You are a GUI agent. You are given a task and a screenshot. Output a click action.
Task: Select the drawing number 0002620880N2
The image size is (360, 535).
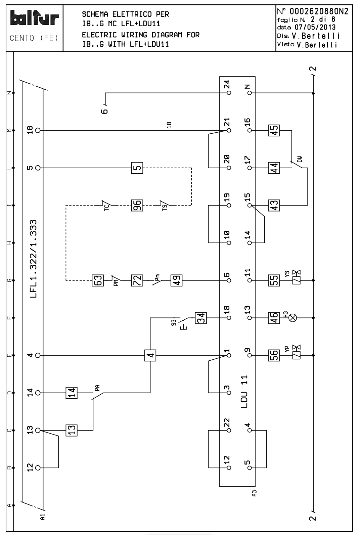coord(316,12)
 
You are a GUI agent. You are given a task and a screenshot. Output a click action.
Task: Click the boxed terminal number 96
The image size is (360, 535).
coord(137,205)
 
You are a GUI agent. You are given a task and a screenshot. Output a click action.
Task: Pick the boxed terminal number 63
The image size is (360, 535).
coord(97,280)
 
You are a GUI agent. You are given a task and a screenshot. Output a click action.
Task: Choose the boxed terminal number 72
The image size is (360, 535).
coord(137,280)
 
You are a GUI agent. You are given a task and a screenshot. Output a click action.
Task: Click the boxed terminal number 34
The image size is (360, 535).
coord(201,317)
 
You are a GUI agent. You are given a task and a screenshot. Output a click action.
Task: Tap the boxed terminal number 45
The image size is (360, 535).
coord(274,130)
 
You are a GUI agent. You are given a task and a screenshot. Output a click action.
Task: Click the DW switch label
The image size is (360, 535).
coord(300,159)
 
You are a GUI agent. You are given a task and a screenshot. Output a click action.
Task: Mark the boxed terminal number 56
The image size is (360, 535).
coord(274,355)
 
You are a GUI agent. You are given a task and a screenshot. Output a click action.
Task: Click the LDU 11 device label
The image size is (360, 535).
coord(244,391)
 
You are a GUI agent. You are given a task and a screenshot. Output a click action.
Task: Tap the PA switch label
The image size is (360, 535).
coord(97,388)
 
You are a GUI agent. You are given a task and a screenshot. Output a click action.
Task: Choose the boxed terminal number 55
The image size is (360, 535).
coord(274,280)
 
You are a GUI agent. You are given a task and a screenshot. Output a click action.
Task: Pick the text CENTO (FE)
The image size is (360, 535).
coord(35,38)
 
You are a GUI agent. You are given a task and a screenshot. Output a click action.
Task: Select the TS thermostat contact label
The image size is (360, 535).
coord(165,206)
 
